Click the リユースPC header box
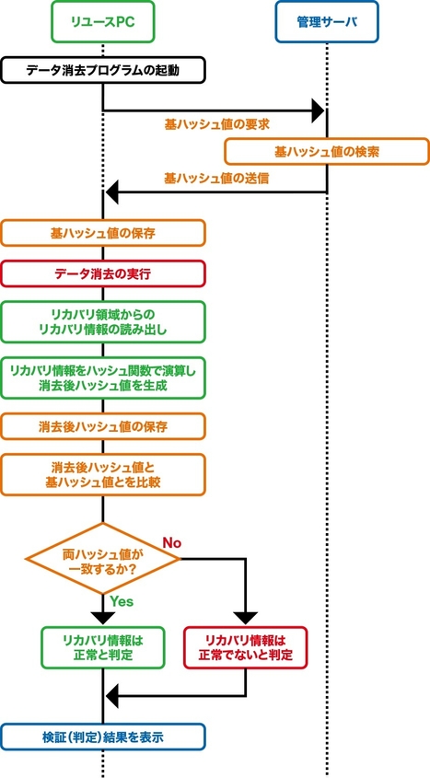102,23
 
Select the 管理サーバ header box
327,23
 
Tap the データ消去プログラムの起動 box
102,70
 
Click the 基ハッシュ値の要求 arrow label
216,123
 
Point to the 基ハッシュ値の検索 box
327,151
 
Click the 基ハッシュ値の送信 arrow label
216,178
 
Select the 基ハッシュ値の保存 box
102,233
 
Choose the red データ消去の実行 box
102,274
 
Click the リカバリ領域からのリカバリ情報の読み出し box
102,320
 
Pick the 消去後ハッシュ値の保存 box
102,427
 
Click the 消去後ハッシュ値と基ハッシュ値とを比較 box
102,474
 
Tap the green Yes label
122,601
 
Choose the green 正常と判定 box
102,647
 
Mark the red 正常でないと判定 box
245,647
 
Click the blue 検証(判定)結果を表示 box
102,736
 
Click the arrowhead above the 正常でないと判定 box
245,617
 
